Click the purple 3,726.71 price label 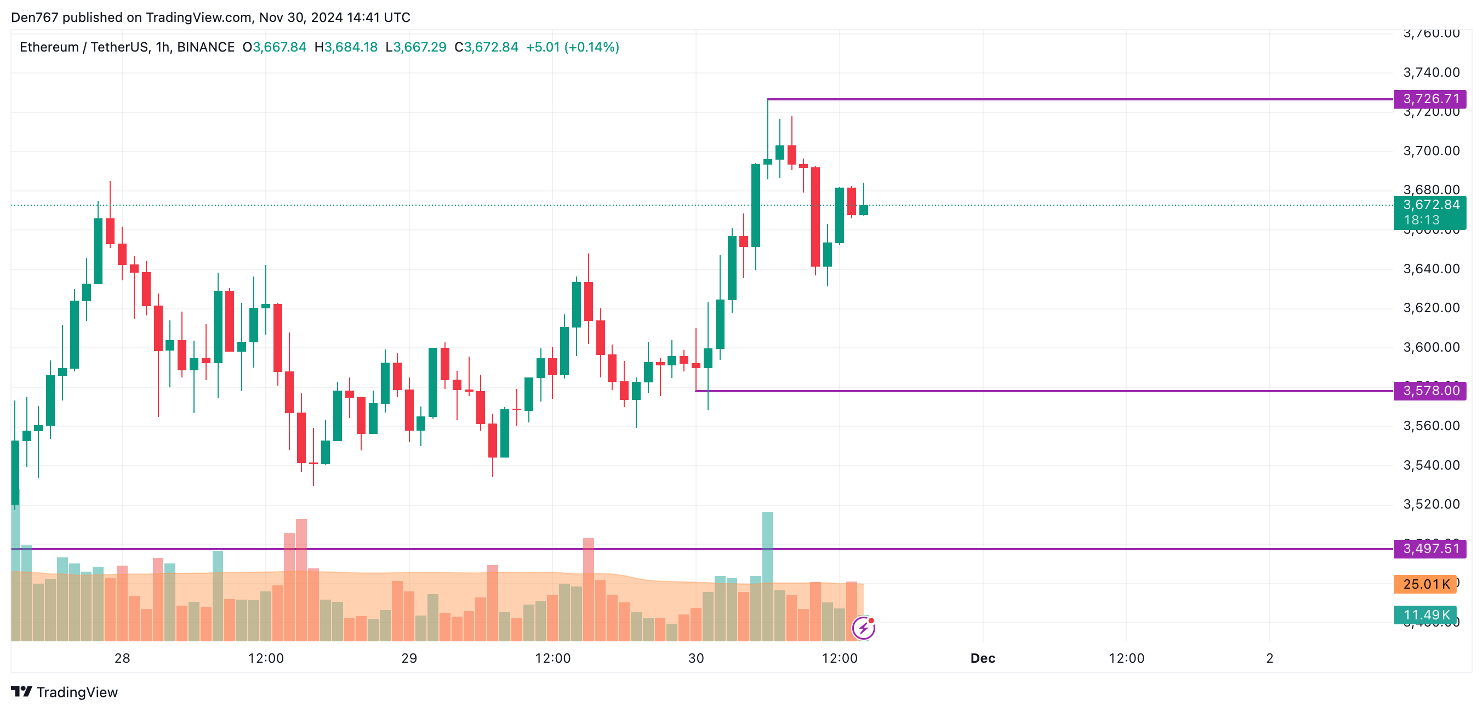click(x=1429, y=99)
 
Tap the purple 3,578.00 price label click(x=1429, y=391)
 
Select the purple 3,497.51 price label click(x=1429, y=548)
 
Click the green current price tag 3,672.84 click(x=1429, y=205)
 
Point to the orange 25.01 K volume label click(x=1425, y=584)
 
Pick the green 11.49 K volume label click(x=1425, y=615)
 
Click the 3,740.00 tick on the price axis click(x=1431, y=72)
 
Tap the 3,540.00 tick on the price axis click(x=1431, y=465)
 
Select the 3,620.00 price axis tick click(x=1431, y=308)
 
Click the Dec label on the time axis click(x=982, y=658)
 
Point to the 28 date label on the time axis click(x=122, y=658)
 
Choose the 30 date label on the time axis click(x=695, y=658)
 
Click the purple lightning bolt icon click(x=863, y=628)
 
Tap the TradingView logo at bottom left click(x=65, y=691)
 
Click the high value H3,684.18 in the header click(x=346, y=47)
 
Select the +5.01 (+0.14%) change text click(x=572, y=47)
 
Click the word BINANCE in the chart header click(x=206, y=47)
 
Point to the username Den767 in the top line click(x=35, y=18)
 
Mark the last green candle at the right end click(x=863, y=210)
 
